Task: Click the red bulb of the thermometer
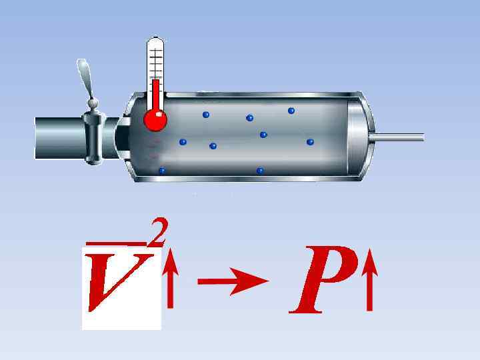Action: [x=155, y=120]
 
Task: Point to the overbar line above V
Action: [x=117, y=245]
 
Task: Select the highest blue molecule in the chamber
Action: [x=291, y=111]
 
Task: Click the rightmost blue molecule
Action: [x=310, y=142]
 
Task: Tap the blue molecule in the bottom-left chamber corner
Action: [x=162, y=171]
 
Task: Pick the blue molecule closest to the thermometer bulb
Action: [x=183, y=142]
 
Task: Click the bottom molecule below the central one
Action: [x=260, y=171]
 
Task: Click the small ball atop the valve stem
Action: [x=94, y=103]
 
